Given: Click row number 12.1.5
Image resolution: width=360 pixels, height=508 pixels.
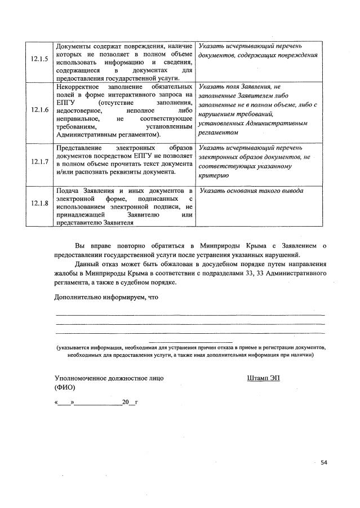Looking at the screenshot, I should click(39, 62).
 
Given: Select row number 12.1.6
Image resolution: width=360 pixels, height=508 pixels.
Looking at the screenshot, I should click(39, 111).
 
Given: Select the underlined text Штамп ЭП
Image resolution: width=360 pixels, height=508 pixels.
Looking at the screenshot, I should click(263, 378).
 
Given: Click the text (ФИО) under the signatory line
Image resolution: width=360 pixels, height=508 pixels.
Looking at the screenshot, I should click(65, 388).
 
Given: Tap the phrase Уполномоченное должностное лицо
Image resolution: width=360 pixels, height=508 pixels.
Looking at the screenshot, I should click(109, 378).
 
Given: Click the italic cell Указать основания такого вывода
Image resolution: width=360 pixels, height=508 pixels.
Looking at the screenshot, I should click(251, 191).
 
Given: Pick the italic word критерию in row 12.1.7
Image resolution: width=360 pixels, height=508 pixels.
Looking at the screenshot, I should click(214, 175).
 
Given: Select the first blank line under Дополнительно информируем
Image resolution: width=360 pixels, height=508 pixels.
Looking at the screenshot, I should click(189, 314).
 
